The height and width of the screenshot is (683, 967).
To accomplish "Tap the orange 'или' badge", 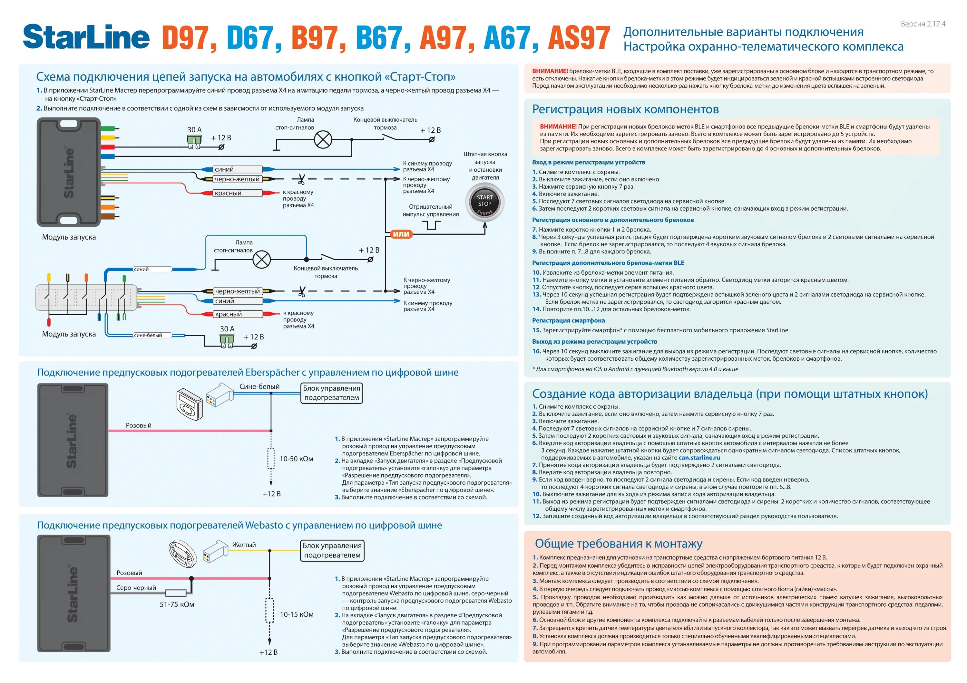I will coord(401,234).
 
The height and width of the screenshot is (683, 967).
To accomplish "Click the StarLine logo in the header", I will coord(86,37).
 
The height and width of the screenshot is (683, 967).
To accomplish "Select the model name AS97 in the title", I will coord(578,38).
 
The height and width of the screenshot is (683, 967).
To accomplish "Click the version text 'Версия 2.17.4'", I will coord(922,24).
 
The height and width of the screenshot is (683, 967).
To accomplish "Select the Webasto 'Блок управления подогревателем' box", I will coord(332,550).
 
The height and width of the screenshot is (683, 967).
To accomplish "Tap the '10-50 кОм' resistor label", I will coord(296,459).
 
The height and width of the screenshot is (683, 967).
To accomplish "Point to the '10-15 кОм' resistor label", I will coord(297,614).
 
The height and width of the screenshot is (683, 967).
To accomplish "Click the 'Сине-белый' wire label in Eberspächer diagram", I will coord(259,386).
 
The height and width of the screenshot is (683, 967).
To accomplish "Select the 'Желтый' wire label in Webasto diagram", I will coord(244,545).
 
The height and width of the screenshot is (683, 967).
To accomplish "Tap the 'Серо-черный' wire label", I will coord(136,587).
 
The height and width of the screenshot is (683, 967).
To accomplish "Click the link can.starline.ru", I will coord(699,458).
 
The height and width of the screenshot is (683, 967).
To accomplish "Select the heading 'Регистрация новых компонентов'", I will coord(625,109).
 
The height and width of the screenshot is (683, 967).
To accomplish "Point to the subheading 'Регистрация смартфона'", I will coord(568,320).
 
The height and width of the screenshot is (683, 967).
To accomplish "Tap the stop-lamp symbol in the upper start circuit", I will coord(323,140).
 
